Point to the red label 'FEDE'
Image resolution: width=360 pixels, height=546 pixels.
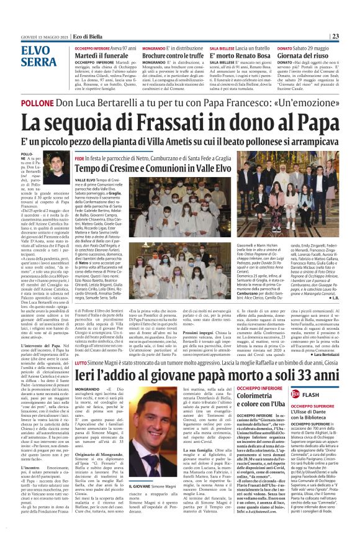(x=80, y=158)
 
